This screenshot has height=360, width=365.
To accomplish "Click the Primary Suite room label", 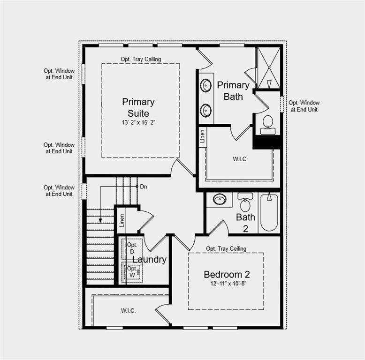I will (138, 107).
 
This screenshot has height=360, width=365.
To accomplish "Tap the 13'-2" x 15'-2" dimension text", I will (138, 122).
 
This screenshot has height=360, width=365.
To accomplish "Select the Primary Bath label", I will (233, 90).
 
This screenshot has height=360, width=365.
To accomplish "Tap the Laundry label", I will (150, 259).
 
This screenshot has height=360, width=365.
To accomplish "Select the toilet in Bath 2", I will (245, 203).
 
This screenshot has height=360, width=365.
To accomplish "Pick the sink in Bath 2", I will (219, 199).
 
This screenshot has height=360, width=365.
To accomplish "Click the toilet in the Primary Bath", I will (268, 123).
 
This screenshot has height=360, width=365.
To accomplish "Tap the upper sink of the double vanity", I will (205, 86).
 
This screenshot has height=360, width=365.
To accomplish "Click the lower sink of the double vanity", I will (205, 111).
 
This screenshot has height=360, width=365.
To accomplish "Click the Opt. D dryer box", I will (132, 248).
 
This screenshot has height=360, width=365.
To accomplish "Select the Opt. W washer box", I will (133, 272).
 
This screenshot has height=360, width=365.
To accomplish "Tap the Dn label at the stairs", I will (144, 187).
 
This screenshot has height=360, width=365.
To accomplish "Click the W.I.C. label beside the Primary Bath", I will (240, 159).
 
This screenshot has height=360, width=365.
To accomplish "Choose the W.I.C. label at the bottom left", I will (128, 310).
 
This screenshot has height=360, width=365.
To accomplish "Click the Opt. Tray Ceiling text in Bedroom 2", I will (226, 248).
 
